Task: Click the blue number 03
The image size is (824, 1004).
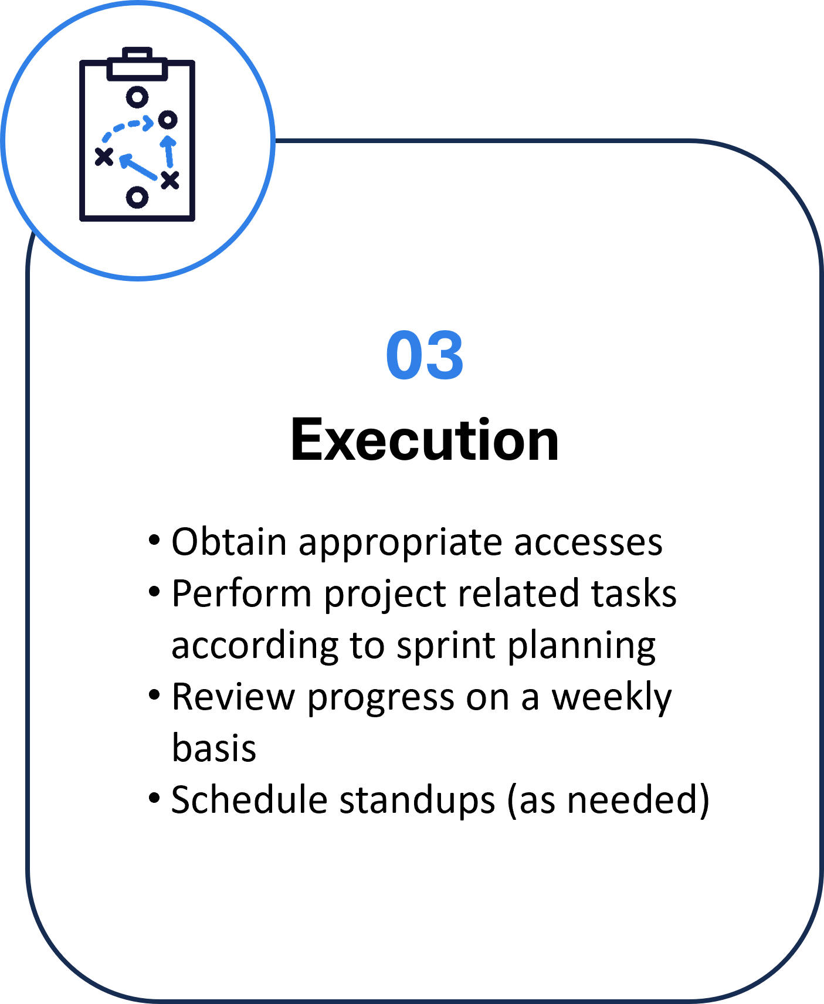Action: pyautogui.click(x=425, y=355)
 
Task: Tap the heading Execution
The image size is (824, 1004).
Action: pyautogui.click(x=425, y=440)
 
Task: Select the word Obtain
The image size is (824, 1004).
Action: pyautogui.click(x=229, y=541)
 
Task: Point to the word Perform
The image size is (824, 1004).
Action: pyautogui.click(x=242, y=593)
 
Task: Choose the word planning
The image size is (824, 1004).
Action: pyautogui.click(x=582, y=646)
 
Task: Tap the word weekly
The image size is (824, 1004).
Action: pyautogui.click(x=612, y=698)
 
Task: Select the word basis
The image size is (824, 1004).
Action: pyautogui.click(x=214, y=748)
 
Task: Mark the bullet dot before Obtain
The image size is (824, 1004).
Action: pyautogui.click(x=154, y=540)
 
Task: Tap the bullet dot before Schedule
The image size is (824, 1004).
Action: pyautogui.click(x=154, y=798)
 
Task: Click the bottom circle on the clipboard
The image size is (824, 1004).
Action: pyautogui.click(x=137, y=197)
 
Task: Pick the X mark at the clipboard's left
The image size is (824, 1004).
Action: pyautogui.click(x=104, y=157)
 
